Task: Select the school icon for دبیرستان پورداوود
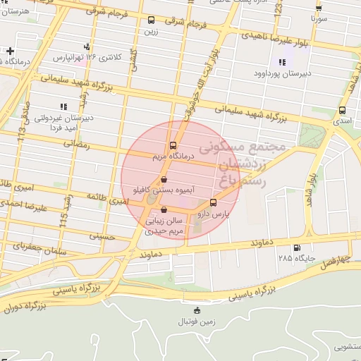pyautogui.click(x=283, y=62)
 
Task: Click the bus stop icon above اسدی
pyautogui.click(x=342, y=111)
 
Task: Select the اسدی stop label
pyautogui.click(x=342, y=121)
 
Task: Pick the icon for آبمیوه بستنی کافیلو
pyautogui.click(x=164, y=180)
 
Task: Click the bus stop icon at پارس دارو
pyautogui.click(x=214, y=202)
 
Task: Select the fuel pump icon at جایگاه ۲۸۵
pyautogui.click(x=295, y=247)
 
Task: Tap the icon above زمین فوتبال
pyautogui.click(x=196, y=310)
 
